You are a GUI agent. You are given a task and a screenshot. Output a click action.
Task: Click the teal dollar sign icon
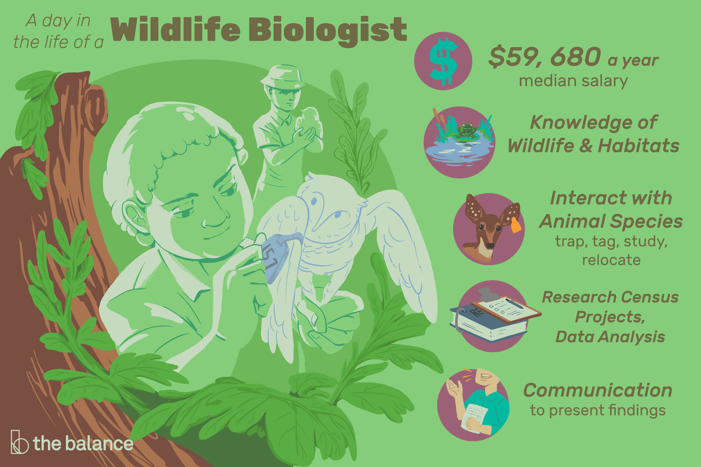443,62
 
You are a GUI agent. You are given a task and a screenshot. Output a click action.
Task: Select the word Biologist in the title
328,32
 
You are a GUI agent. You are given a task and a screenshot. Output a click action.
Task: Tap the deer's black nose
490,246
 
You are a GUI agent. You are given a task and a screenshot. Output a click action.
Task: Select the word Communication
598,390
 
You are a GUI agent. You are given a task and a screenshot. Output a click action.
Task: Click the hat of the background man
283,76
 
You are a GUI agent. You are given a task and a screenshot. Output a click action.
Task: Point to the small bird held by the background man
309,121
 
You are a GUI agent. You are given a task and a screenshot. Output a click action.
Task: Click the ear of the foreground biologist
135,216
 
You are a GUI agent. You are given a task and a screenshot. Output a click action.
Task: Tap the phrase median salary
573,81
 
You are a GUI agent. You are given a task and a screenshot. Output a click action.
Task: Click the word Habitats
638,145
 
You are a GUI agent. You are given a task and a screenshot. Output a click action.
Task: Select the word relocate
611,260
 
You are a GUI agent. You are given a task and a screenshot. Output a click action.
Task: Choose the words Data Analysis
610,337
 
